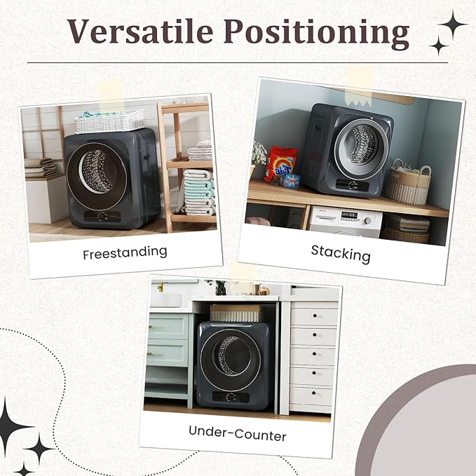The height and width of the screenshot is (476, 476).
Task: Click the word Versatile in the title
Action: pyautogui.click(x=140, y=31)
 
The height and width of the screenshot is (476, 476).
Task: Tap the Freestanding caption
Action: pyautogui.click(x=125, y=253)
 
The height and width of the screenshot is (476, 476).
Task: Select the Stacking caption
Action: pyautogui.click(x=341, y=254)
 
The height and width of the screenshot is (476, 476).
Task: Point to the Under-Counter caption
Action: pyautogui.click(x=237, y=433)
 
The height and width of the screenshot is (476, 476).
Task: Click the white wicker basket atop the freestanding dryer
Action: pyautogui.click(x=109, y=121)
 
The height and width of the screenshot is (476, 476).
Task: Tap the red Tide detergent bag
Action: pyautogui.click(x=280, y=164)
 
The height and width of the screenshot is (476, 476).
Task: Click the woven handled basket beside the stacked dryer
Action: pyautogui.click(x=408, y=183)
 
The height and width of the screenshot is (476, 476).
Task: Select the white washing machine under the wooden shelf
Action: pyautogui.click(x=346, y=222)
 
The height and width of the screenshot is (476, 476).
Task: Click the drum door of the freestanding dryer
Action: pyautogui.click(x=97, y=177)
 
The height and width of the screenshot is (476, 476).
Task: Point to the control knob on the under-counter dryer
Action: pyautogui.click(x=229, y=396)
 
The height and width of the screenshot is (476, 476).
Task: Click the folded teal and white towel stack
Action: pyautogui.click(x=199, y=192)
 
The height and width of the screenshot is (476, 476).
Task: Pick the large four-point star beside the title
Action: pyautogui.click(x=452, y=25)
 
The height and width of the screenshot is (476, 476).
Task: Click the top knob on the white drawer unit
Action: pyautogui.click(x=315, y=315)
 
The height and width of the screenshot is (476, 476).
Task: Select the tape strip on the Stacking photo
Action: pyautogui.click(x=360, y=86)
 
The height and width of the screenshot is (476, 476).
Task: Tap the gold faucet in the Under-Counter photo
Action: pyautogui.click(x=161, y=287)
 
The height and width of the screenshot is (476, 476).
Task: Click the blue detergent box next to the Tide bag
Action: pyautogui.click(x=291, y=181)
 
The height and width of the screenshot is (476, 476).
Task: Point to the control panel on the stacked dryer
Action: pyautogui.click(x=352, y=185)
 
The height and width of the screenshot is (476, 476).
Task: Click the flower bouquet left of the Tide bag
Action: pyautogui.click(x=259, y=154)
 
